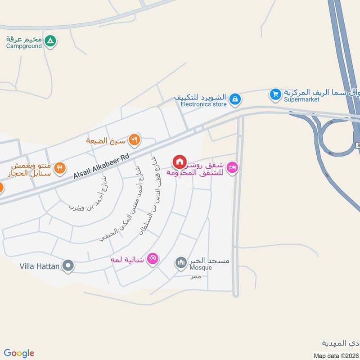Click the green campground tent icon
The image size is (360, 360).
(x=51, y=41)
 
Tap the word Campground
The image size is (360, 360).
(x=24, y=46)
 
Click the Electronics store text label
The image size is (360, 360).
(x=203, y=104)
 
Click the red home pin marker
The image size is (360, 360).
(x=179, y=162)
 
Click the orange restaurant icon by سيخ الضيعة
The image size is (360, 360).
(x=134, y=140)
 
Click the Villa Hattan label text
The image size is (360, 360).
(x=40, y=266)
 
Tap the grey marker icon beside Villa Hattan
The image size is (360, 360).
(x=68, y=266)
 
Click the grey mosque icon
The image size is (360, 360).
(x=180, y=262)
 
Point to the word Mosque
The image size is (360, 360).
(x=200, y=268)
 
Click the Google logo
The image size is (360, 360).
(x=19, y=353)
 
